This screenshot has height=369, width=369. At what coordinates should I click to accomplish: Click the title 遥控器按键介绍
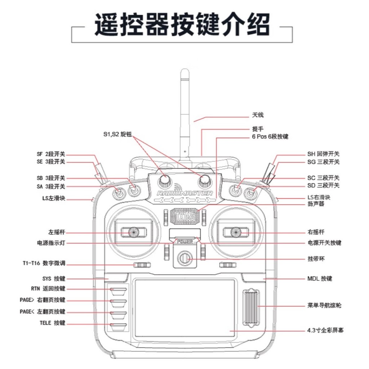pos(182,25)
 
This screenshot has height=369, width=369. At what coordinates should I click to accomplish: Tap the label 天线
pos(258,115)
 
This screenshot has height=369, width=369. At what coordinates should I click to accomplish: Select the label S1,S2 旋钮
pos(116,135)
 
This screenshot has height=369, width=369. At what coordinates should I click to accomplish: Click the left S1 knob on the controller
pos(165,179)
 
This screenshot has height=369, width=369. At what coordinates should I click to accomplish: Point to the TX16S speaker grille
pos(184,216)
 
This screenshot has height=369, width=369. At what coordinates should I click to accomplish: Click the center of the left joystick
pos(133,232)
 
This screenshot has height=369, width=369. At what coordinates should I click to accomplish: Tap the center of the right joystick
pos(236,232)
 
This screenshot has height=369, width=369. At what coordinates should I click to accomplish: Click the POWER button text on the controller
pos(184,241)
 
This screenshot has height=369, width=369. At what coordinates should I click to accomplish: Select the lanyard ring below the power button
pos(184,258)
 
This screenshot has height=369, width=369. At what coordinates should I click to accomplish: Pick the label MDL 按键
pos(320,279)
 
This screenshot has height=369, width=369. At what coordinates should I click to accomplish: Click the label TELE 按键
pos(53,323)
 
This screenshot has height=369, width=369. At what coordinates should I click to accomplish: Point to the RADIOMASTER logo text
pos(184,194)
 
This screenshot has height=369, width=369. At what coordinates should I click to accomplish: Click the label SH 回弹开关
pos(323,154)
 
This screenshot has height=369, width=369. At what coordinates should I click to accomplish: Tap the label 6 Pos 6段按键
pos(270,137)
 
